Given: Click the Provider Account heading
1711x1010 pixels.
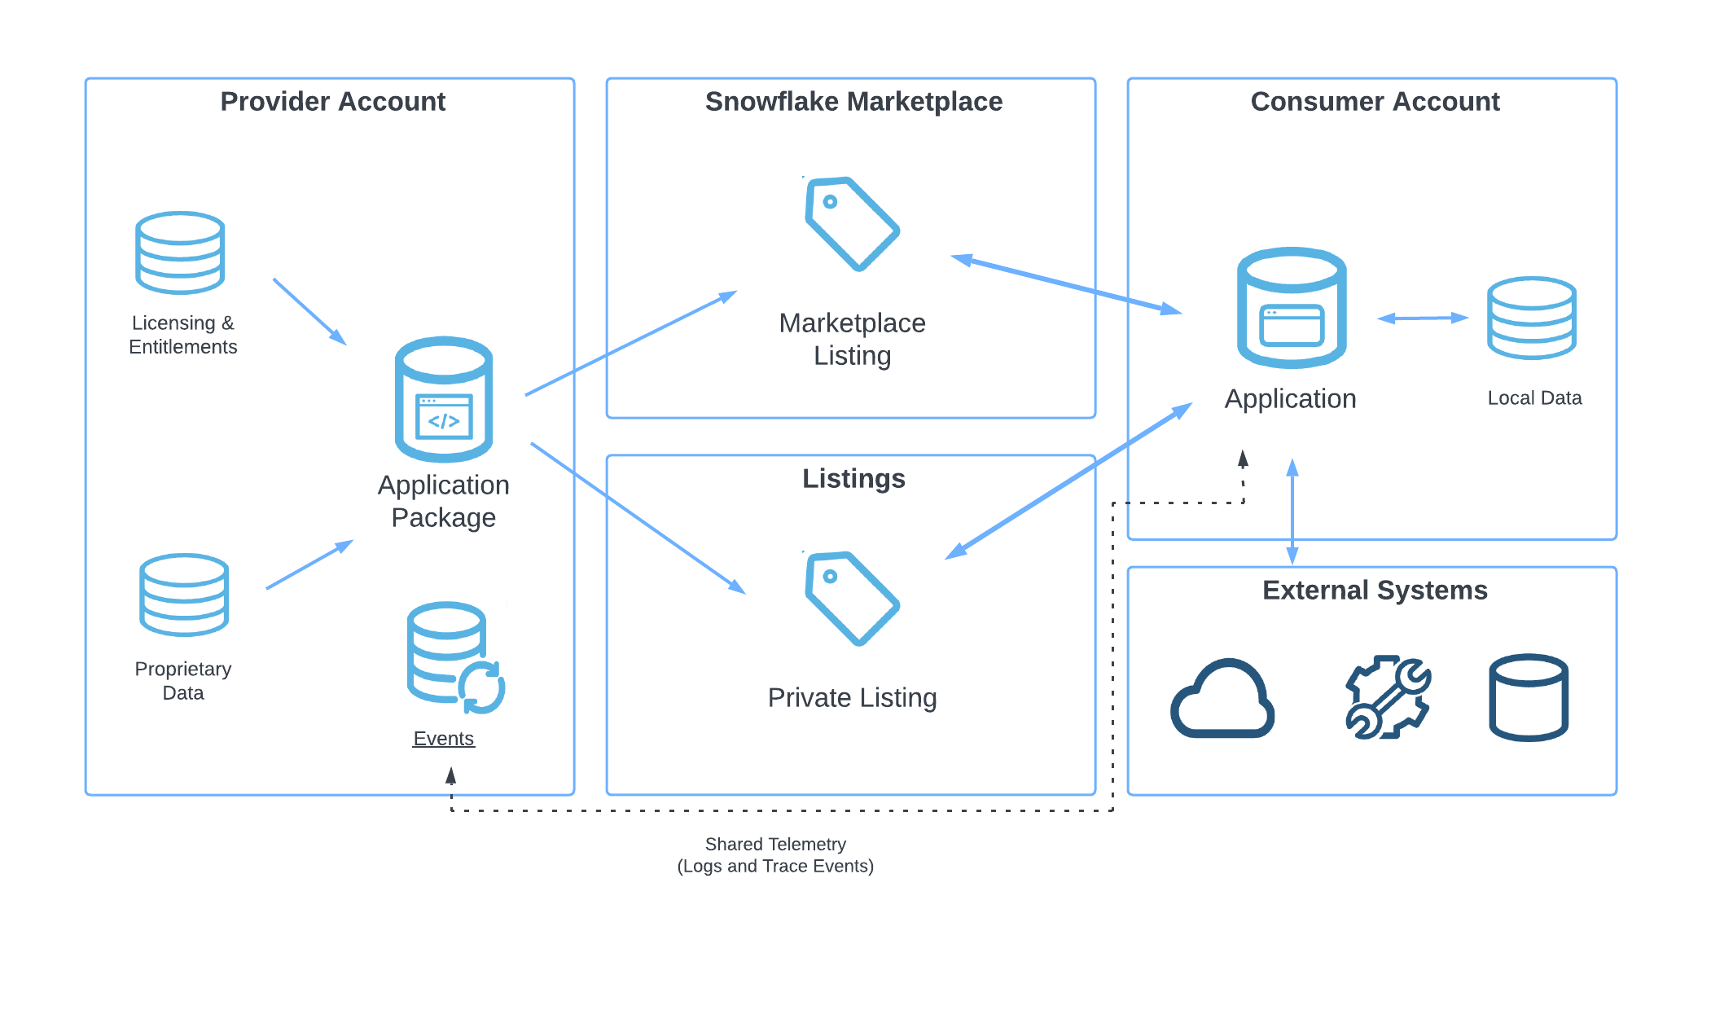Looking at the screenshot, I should point(332,102).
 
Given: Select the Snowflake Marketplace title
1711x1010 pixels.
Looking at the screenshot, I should point(853,102).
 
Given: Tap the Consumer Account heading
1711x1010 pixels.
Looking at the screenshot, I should point(1375,102).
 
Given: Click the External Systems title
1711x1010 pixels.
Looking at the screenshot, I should point(1375,591).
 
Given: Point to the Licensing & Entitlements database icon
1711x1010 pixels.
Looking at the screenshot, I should point(180,253).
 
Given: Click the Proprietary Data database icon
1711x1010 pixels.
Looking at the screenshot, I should point(184,595).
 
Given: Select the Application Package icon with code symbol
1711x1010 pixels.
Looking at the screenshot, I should point(444,399).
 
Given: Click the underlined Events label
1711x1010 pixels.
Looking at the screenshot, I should point(443,739).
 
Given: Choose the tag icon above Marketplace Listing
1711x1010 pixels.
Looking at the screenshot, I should point(851,223).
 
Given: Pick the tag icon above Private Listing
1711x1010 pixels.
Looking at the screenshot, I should point(851,598).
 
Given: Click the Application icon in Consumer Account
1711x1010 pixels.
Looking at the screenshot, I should point(1292,308).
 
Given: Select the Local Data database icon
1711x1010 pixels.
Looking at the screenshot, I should point(1531,318).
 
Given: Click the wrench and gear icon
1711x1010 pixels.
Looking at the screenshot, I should point(1387,697).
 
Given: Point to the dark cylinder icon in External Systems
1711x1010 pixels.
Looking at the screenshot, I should point(1529,697).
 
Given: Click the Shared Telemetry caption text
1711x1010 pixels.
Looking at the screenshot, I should point(775,855).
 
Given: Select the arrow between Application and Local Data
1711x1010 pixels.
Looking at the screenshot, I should point(1422,318).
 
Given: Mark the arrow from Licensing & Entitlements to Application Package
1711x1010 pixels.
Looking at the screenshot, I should point(309,311).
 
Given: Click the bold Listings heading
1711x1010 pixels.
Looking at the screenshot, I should point(853,479).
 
